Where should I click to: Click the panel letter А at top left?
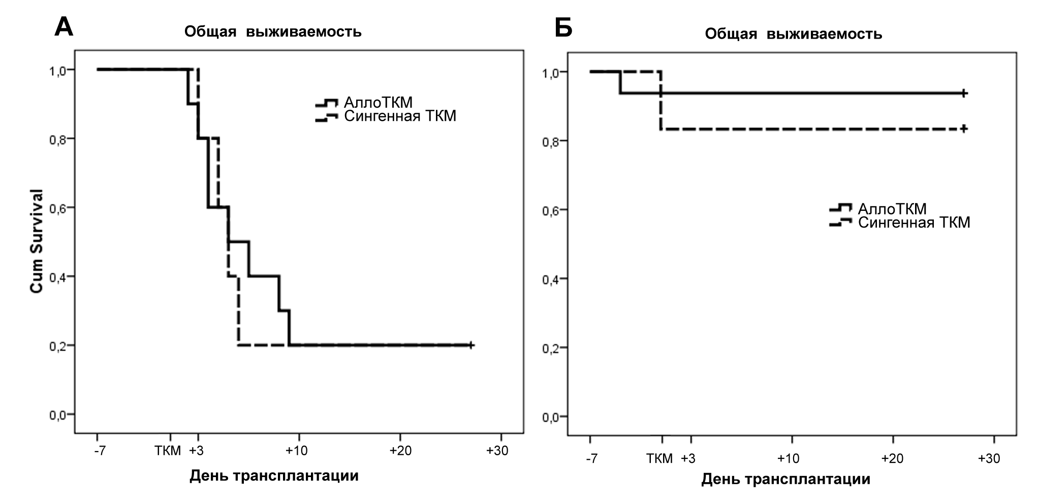tap(64, 26)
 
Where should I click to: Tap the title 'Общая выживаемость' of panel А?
tap(273, 32)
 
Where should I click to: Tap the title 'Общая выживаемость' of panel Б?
tap(793, 35)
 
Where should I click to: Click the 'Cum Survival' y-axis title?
tap(37, 241)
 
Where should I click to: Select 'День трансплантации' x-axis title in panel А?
tap(274, 476)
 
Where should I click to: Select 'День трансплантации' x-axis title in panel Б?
tap(785, 479)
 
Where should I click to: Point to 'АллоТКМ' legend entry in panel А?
tap(378, 102)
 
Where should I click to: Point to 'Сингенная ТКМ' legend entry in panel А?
tap(400, 116)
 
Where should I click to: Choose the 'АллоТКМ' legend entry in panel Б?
tap(892, 209)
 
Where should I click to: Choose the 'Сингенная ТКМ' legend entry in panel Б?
tap(914, 223)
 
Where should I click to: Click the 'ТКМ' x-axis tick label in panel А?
tap(168, 451)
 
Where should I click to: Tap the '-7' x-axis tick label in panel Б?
tap(591, 459)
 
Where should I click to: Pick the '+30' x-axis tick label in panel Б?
tap(989, 459)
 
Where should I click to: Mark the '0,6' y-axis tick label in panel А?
tap(58, 208)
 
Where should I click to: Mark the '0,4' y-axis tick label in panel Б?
tap(552, 279)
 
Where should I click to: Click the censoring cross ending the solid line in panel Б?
tap(964, 93)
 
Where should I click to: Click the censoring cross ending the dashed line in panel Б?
tap(964, 129)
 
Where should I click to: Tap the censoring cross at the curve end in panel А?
tap(471, 345)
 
